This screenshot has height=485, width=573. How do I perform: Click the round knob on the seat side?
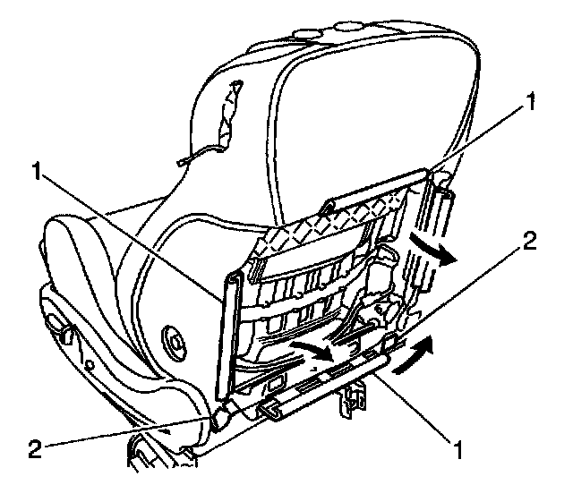pos(172,339)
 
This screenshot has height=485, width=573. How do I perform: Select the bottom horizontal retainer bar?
pos(331,385)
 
